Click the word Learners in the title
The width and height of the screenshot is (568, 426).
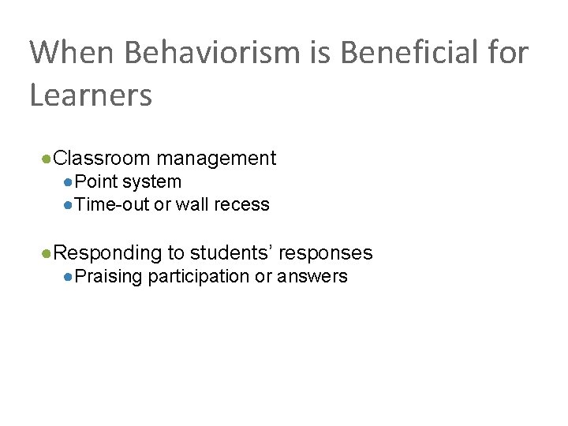[91, 95]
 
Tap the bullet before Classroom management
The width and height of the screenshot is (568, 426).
[48, 159]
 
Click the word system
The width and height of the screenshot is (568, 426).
[151, 182]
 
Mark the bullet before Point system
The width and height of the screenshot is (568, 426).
[69, 182]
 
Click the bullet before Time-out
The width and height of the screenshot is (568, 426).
[69, 206]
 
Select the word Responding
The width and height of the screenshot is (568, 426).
[108, 253]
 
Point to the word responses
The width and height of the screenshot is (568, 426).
[326, 253]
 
